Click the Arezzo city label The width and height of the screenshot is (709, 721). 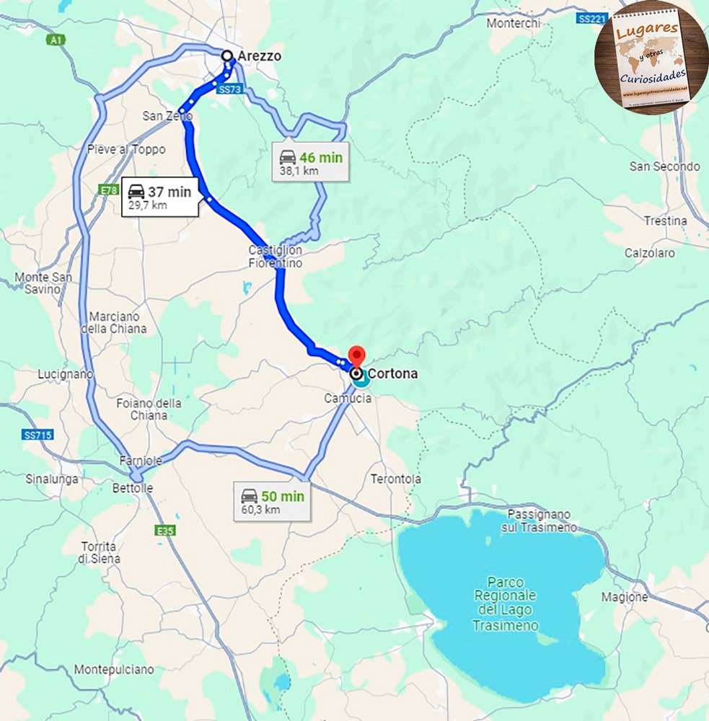click(x=259, y=56)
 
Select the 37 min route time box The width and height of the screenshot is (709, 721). click(x=159, y=197)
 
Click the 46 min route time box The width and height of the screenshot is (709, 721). click(x=311, y=163)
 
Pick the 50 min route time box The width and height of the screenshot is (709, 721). click(x=272, y=502)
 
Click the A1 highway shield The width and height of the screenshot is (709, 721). click(x=56, y=40)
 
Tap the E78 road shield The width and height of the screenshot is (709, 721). click(x=109, y=190)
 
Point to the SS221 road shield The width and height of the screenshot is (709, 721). click(x=591, y=19)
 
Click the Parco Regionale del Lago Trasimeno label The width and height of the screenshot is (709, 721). click(x=505, y=603)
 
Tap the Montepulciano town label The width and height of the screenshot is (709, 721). click(x=114, y=669)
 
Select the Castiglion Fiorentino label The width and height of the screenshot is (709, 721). click(x=276, y=257)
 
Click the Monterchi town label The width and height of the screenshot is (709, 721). click(x=513, y=23)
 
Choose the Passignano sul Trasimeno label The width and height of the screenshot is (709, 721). click(x=539, y=521)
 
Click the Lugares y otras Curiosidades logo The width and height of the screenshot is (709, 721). click(x=652, y=58)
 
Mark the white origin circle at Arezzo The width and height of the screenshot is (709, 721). click(x=227, y=56)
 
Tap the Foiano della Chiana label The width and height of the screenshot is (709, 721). click(x=149, y=409)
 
